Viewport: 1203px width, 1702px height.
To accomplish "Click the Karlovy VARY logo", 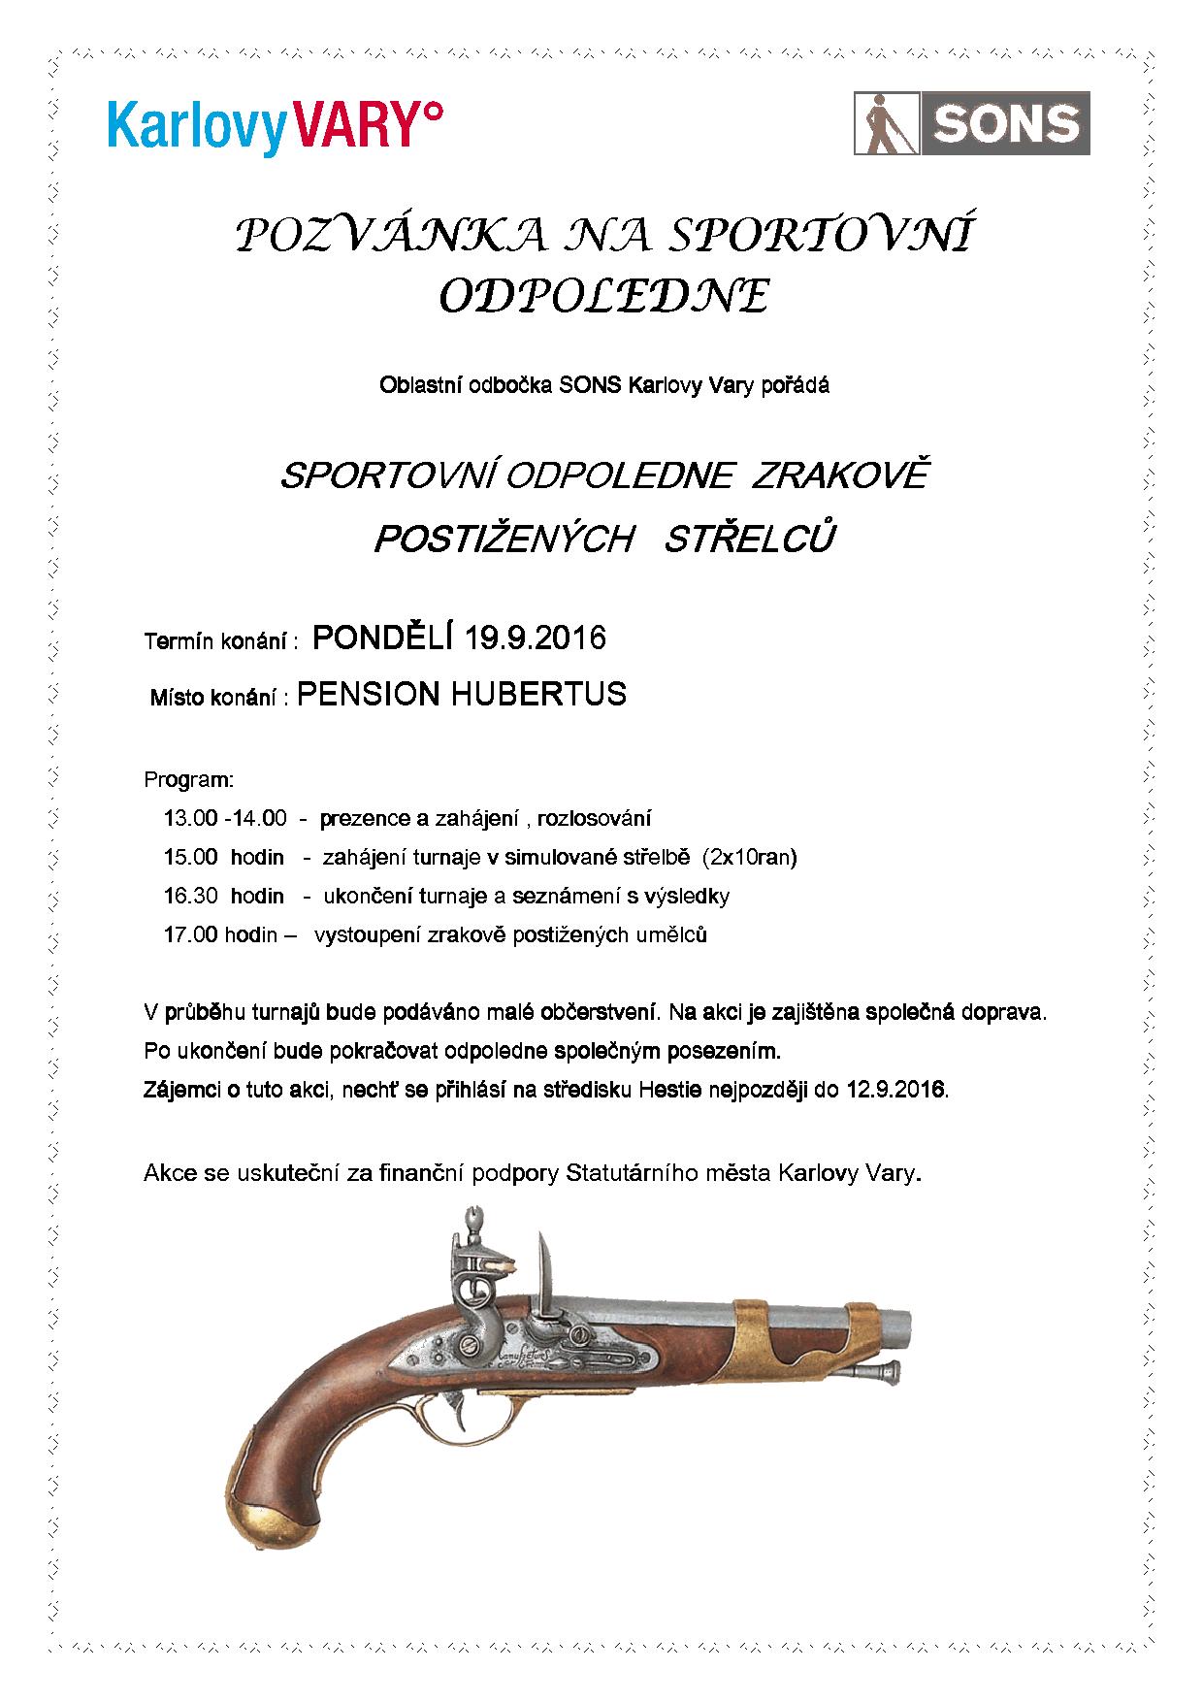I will [x=276, y=123].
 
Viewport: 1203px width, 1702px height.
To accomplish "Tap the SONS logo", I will [x=971, y=123].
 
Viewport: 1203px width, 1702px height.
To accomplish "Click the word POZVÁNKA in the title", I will [x=387, y=236].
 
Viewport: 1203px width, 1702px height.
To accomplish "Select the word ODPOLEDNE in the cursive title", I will [x=603, y=295].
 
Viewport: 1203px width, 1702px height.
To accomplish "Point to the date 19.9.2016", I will [x=535, y=638].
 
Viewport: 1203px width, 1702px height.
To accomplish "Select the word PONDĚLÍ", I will [x=383, y=638].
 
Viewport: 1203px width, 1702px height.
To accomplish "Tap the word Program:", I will [x=188, y=779].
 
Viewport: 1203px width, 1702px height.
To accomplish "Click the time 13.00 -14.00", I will [x=225, y=818].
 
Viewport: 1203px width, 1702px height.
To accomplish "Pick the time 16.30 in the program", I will [x=190, y=896].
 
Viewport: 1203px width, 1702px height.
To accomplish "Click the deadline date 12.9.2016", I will [x=895, y=1089].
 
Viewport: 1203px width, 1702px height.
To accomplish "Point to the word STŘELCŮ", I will [x=748, y=540].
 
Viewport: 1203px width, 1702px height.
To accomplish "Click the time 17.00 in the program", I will [x=190, y=935].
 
